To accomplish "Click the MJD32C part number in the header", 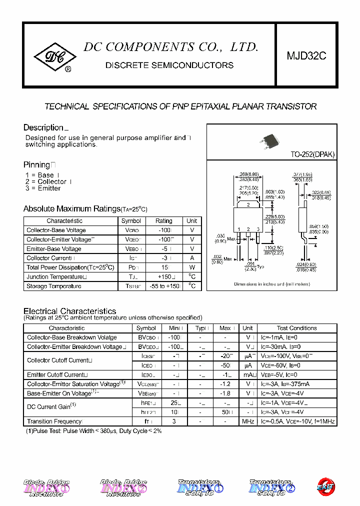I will click(x=306, y=56).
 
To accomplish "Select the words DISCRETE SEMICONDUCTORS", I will click(x=169, y=65).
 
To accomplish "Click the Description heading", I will click(x=43, y=127).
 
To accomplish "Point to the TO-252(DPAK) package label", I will click(x=312, y=154).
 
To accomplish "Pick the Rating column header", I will click(x=163, y=221).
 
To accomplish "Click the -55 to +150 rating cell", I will click(x=163, y=286).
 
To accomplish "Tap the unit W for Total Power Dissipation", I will click(x=192, y=267).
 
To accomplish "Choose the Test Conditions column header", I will click(x=296, y=328).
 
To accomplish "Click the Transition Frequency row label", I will click(x=54, y=421).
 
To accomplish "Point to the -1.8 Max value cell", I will click(x=225, y=393).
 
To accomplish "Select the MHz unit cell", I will click(x=248, y=421).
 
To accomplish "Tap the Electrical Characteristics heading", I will click(x=70, y=311).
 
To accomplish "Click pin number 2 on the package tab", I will click(x=248, y=204).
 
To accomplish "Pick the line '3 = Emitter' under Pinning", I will click(x=43, y=188).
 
